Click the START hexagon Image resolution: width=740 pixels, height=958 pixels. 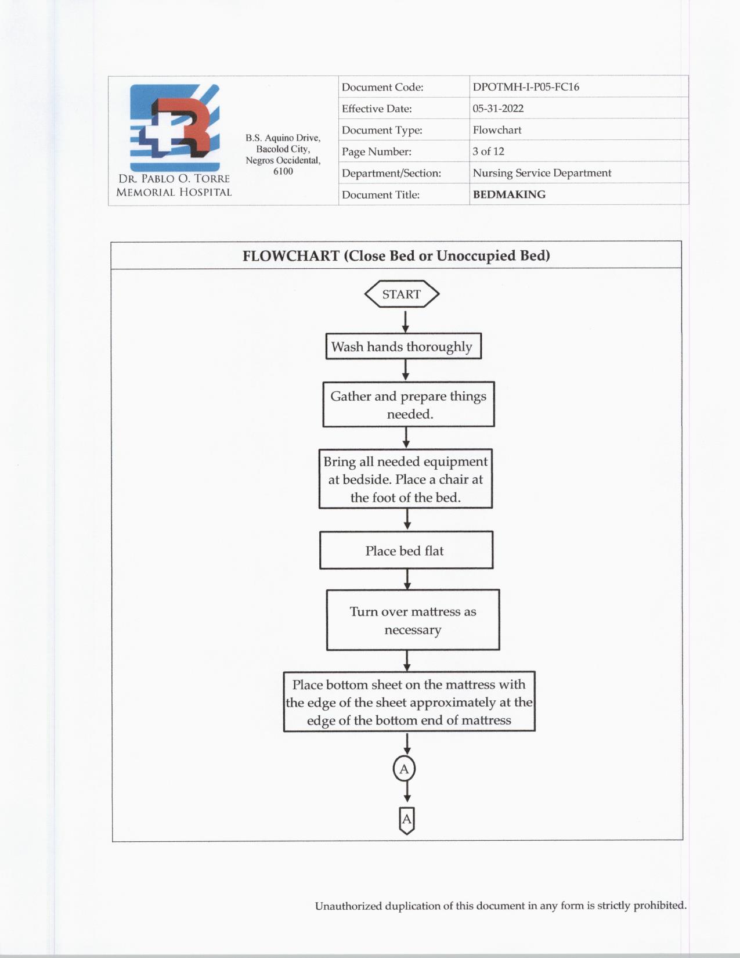point(402,294)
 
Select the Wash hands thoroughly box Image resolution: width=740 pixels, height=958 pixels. point(403,347)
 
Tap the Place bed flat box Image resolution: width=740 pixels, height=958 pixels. point(406,550)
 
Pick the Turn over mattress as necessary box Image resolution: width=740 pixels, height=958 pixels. point(413,620)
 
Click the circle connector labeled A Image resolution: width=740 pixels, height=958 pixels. point(405,769)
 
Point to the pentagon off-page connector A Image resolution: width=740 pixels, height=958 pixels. point(407,820)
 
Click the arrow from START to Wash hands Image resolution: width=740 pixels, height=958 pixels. point(405,322)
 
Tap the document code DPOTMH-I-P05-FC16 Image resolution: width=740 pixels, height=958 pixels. point(526,87)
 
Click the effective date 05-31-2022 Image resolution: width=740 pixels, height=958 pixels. point(498,109)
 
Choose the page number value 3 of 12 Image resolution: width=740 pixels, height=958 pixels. point(488,152)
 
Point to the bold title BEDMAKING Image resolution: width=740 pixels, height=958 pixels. point(509,195)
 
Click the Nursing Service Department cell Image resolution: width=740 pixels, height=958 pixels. point(542,173)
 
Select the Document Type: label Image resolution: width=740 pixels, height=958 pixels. point(382,130)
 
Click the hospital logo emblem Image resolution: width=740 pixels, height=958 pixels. point(175,127)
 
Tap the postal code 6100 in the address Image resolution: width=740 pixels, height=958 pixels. point(283,171)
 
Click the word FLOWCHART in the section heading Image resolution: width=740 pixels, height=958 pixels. point(291,256)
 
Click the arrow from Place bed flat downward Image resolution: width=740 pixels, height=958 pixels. point(407,579)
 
